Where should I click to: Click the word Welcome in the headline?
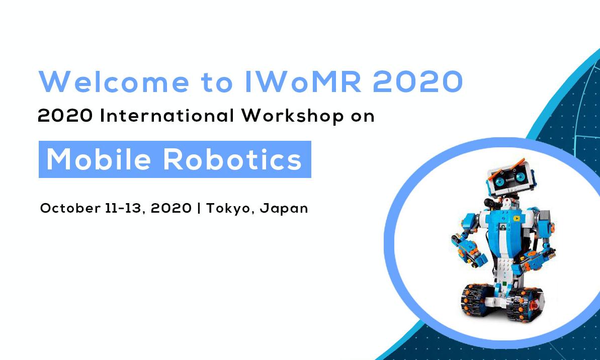pyautogui.click(x=114, y=81)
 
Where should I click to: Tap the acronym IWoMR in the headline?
pyautogui.click(x=303, y=81)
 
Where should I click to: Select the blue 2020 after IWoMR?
pyautogui.click(x=417, y=81)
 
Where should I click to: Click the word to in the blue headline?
pyautogui.click(x=217, y=82)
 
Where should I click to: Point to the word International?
pyautogui.click(x=167, y=116)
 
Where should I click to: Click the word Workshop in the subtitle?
pyautogui.click(x=292, y=116)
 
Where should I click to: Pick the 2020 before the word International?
pyautogui.click(x=65, y=116)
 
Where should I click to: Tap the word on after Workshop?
pyautogui.click(x=363, y=117)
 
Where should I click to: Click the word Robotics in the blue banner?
pyautogui.click(x=233, y=159)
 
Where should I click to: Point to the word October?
pyautogui.click(x=70, y=208)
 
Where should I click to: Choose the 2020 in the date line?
pyautogui.click(x=171, y=208)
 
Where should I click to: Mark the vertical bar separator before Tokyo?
pyautogui.click(x=199, y=208)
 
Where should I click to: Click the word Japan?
pyautogui.click(x=284, y=209)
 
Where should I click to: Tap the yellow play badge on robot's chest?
pyautogui.click(x=516, y=218)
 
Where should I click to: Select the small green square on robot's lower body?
pyautogui.click(x=505, y=284)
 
